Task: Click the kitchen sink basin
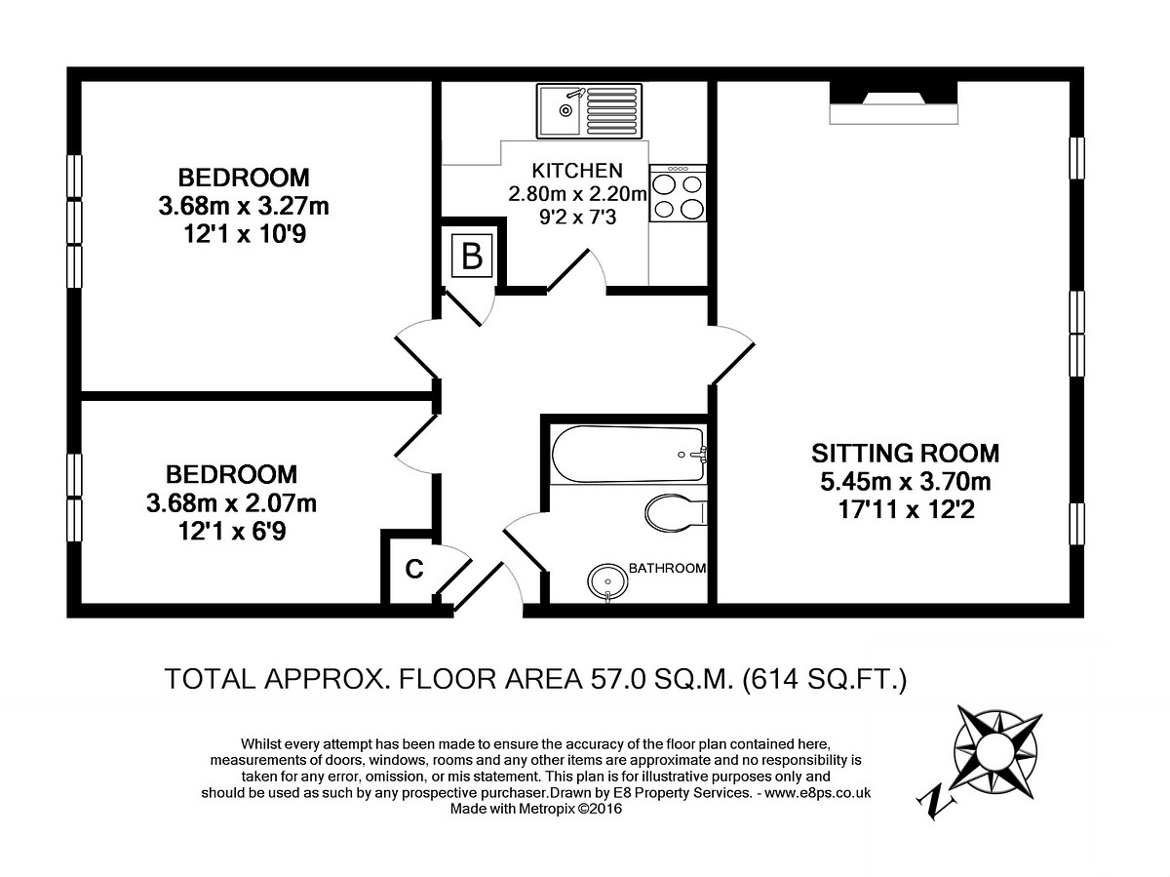559,111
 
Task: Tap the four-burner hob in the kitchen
678,193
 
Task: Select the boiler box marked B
472,256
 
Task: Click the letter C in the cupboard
414,569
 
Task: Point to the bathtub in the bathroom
629,455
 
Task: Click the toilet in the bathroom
676,513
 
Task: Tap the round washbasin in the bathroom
607,582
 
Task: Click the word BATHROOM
667,569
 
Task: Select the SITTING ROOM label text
905,454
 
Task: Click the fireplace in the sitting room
893,102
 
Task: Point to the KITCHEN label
577,171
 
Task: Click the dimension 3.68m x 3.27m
244,206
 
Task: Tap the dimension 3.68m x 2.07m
231,502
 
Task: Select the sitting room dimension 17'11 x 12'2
906,509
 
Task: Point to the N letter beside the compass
936,803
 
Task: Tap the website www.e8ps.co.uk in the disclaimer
818,793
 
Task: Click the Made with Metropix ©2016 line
536,809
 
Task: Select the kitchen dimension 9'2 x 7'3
578,217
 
